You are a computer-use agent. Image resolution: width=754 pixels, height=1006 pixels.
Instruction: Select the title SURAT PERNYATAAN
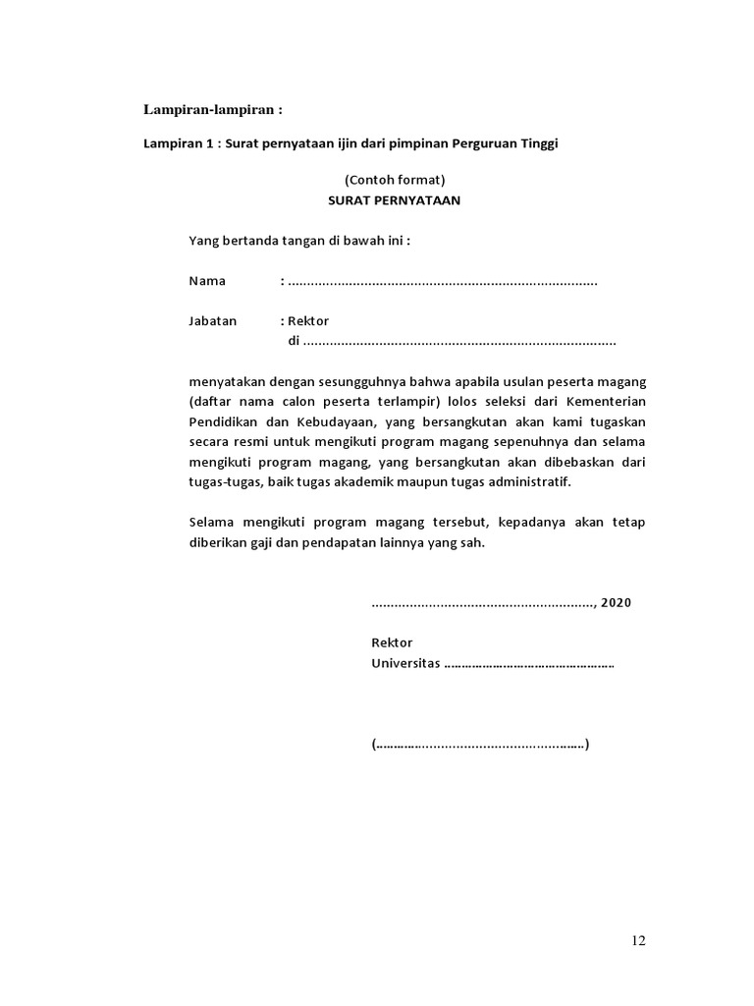[x=394, y=200]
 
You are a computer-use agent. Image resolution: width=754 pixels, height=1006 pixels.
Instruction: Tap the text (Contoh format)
[x=394, y=180]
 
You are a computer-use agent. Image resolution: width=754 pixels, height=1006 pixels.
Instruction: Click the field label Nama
[x=207, y=281]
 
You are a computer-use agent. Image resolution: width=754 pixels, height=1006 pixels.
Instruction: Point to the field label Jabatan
[x=213, y=321]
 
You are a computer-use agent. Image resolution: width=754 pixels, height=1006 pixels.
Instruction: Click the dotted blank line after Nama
[x=443, y=282]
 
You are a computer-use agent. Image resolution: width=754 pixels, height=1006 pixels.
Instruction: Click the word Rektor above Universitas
[x=392, y=643]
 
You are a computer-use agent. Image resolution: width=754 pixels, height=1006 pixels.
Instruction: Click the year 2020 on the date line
[x=616, y=602]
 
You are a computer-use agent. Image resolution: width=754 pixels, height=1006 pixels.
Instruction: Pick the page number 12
[x=638, y=941]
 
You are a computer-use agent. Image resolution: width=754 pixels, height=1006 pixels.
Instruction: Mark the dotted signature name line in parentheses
[x=480, y=744]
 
